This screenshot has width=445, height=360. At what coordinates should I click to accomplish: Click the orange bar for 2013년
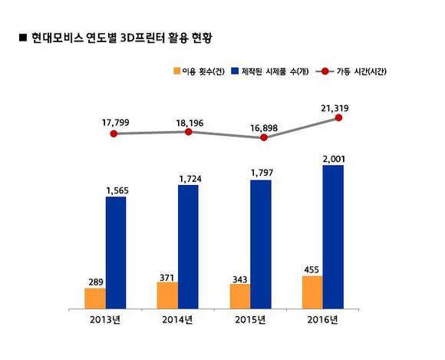(x=95, y=297)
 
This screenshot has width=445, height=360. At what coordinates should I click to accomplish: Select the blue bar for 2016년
(x=332, y=236)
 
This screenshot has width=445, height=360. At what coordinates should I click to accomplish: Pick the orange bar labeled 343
(x=239, y=296)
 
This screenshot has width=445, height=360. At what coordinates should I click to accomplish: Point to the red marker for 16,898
(x=264, y=137)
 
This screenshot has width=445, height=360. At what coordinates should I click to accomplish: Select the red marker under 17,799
(x=114, y=134)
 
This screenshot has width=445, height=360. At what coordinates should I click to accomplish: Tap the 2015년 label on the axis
(x=250, y=319)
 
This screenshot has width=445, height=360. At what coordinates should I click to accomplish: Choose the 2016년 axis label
(x=322, y=319)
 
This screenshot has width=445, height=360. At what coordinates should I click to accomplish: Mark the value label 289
(x=94, y=282)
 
